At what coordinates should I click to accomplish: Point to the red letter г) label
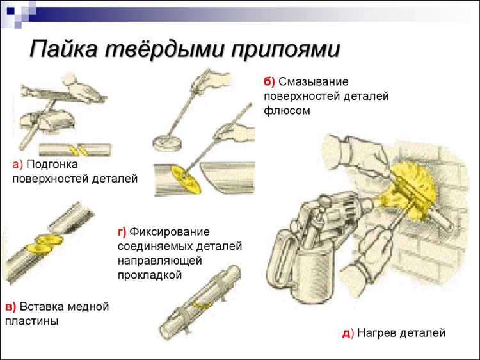(122, 231)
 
